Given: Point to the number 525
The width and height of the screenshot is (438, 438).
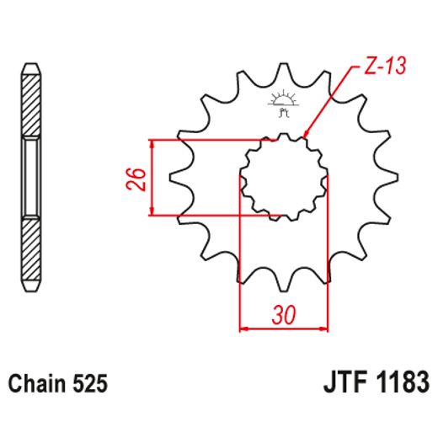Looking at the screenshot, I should tap(89, 385).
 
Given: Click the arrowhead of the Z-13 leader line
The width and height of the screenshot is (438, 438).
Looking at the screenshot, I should tap(305, 134).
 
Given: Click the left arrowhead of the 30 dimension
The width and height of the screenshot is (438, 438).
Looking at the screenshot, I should tap(245, 326).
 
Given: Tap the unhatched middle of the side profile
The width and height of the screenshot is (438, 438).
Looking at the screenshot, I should tap(30, 178).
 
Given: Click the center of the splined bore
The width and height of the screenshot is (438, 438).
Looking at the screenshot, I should tap(283, 178).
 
